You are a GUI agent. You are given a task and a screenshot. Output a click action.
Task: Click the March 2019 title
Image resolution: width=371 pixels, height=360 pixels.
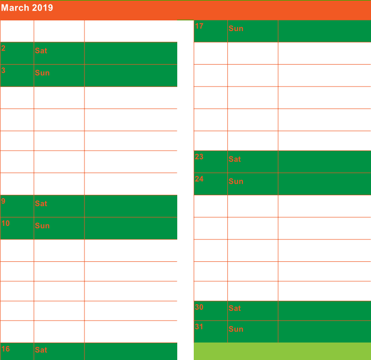click(27, 8)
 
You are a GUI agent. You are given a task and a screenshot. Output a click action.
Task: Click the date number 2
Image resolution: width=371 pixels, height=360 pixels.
click(3, 48)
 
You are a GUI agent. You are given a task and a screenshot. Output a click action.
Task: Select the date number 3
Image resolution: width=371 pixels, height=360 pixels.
click(3, 70)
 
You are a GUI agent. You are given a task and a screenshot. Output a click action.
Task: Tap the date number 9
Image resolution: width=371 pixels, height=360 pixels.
click(3, 201)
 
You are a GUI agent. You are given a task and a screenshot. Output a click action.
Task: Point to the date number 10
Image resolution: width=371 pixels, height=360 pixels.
click(5, 223)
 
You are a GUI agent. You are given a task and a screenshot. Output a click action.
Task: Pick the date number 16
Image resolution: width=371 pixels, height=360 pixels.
click(5, 349)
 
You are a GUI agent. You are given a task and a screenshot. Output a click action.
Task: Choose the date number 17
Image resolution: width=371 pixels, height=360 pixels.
click(199, 26)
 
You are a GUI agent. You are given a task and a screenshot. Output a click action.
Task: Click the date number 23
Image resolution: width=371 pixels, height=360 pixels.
click(199, 156)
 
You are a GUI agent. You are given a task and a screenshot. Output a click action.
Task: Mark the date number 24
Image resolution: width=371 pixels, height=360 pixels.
click(199, 179)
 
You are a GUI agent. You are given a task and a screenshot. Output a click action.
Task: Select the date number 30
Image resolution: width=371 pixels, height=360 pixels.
click(199, 307)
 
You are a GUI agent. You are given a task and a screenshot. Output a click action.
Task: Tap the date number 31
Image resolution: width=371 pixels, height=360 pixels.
click(199, 326)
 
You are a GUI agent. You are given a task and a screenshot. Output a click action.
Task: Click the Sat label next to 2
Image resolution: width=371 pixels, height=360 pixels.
click(41, 51)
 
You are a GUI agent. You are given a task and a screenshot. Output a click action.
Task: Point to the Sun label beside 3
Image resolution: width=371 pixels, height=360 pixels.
click(42, 73)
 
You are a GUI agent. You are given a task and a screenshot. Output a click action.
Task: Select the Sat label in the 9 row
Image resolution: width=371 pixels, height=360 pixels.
click(41, 204)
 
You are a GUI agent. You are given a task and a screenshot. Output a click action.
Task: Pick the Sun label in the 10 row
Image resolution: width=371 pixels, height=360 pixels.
click(42, 226)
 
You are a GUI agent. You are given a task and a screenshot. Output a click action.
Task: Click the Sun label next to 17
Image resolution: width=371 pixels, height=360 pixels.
click(236, 29)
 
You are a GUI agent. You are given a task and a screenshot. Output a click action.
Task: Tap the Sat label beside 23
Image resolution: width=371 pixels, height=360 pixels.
click(235, 159)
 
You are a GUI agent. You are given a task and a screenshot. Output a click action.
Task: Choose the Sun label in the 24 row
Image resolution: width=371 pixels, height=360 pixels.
click(236, 182)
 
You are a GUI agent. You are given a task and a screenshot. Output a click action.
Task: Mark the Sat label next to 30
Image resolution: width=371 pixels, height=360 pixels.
click(235, 309)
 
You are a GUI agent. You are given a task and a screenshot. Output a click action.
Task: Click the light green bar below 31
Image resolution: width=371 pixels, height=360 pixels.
click(282, 351)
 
